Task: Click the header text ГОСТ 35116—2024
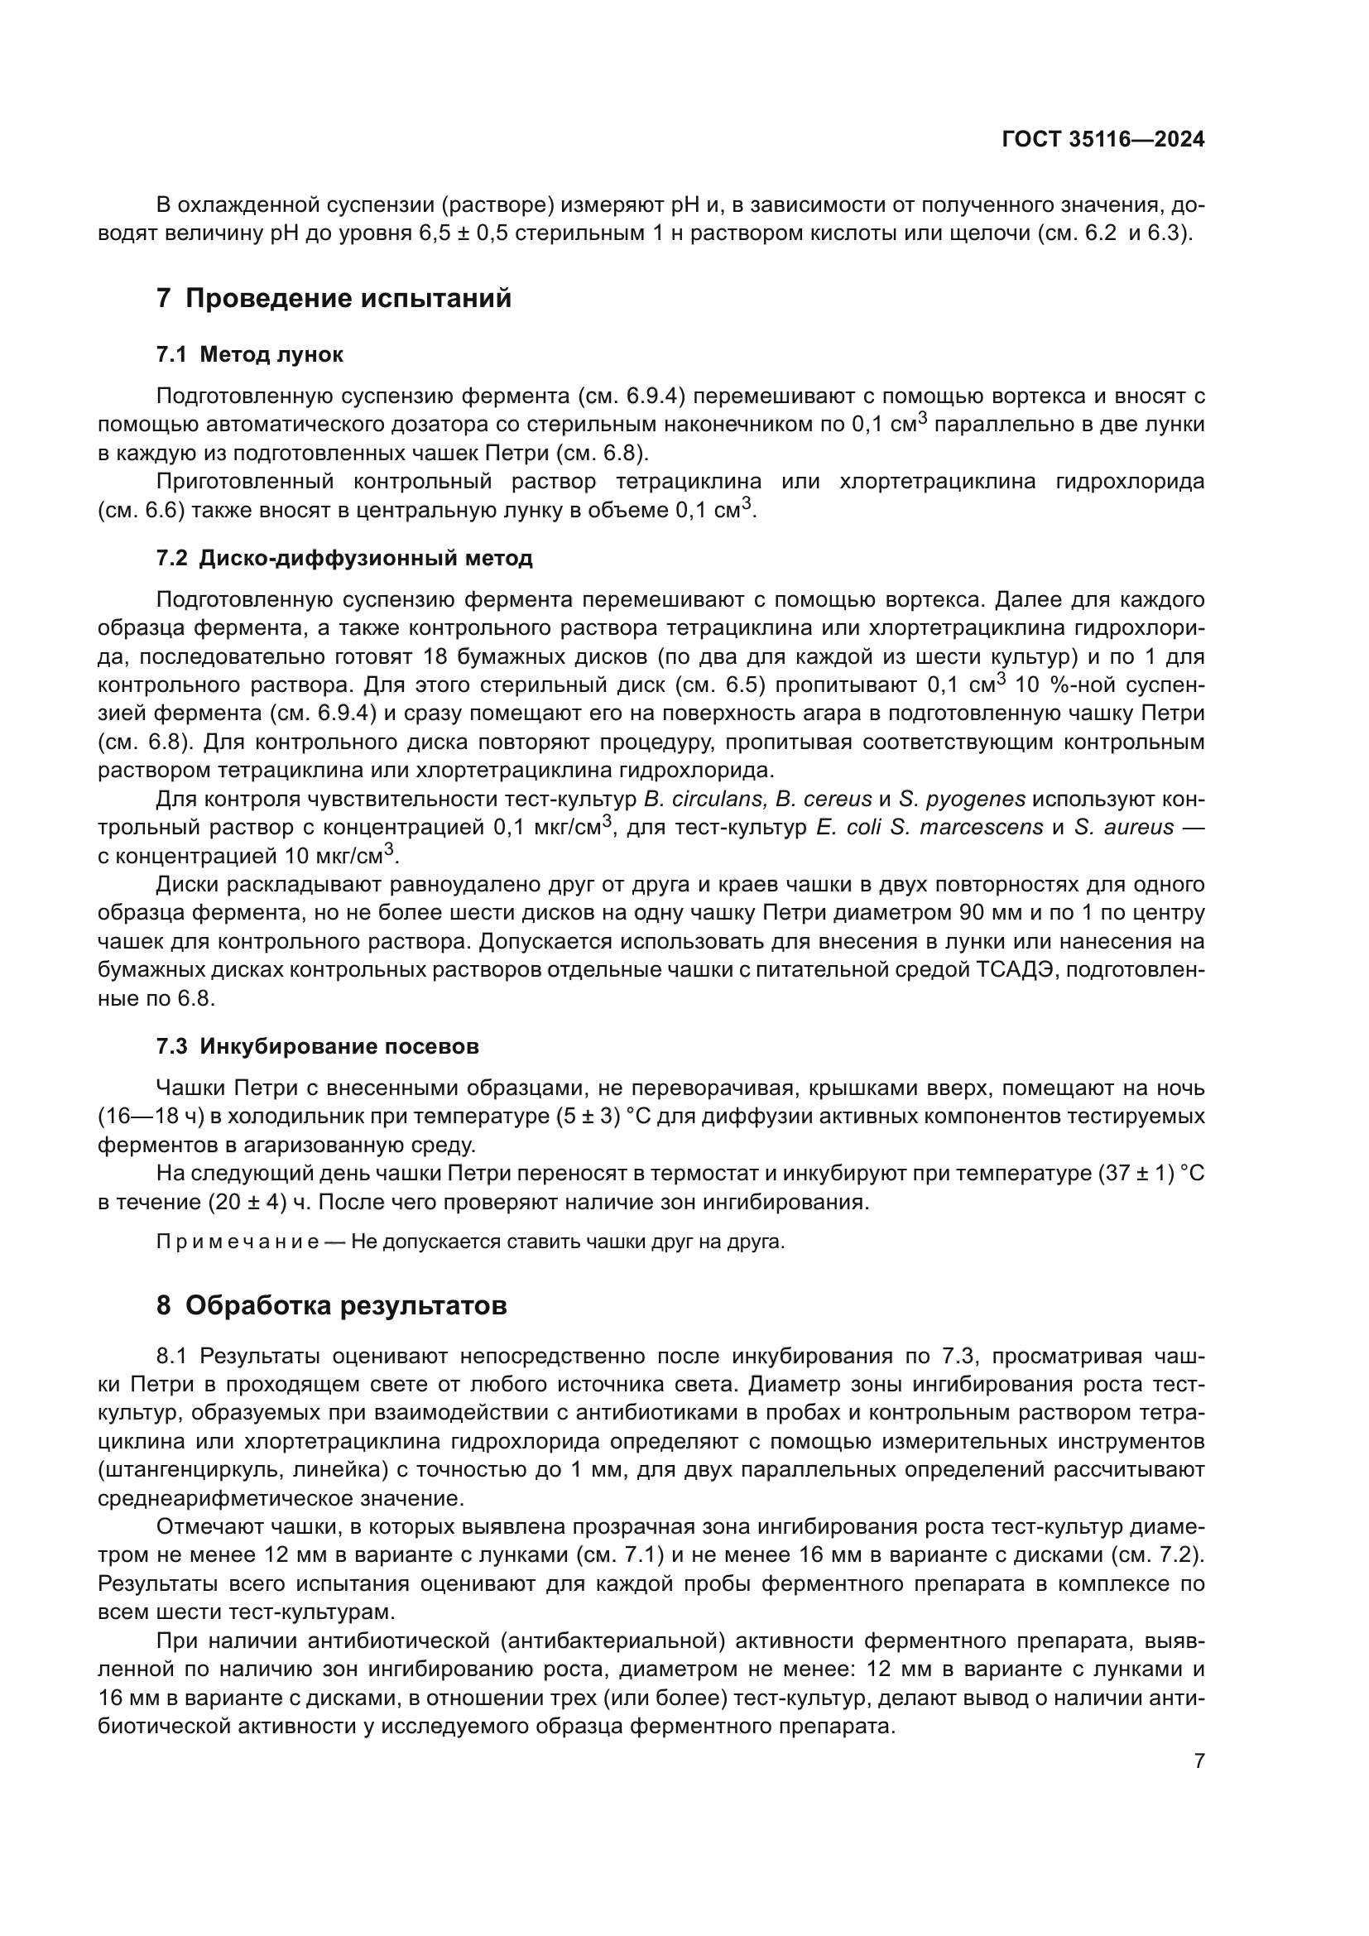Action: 1102,140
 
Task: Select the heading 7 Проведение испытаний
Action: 334,299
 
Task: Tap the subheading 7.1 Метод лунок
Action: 249,354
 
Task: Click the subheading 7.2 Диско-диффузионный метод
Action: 344,558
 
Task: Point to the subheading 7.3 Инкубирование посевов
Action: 317,1046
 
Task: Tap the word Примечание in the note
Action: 238,1242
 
